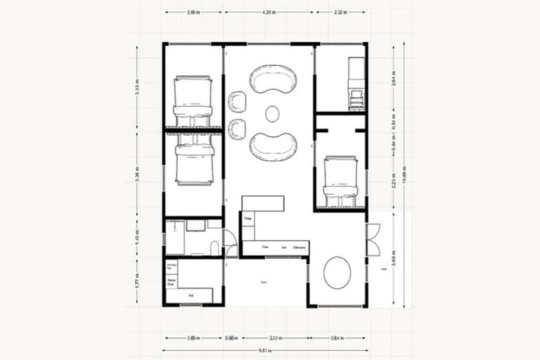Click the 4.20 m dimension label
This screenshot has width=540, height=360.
coord(269,13)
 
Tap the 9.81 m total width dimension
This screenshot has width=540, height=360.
coord(264,349)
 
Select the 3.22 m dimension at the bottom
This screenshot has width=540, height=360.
coord(275,337)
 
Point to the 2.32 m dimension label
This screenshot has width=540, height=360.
coord(339,13)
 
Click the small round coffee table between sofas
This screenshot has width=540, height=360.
coord(273,113)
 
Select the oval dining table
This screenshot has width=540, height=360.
coord(337,272)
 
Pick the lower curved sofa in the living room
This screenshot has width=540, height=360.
coord(273,146)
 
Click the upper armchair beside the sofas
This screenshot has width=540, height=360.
coord(238,102)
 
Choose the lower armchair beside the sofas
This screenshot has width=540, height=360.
coord(238,129)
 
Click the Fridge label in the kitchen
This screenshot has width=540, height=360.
coord(248,219)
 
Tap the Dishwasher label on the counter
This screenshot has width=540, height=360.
coord(300,247)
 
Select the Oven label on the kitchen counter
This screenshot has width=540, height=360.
coord(265,247)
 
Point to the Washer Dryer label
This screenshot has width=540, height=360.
coord(171,282)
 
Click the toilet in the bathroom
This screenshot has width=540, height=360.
coord(214,248)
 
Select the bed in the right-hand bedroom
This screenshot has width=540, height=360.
coord(341,182)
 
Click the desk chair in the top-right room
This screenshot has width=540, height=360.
coord(356,99)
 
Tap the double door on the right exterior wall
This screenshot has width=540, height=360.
coord(373,239)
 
